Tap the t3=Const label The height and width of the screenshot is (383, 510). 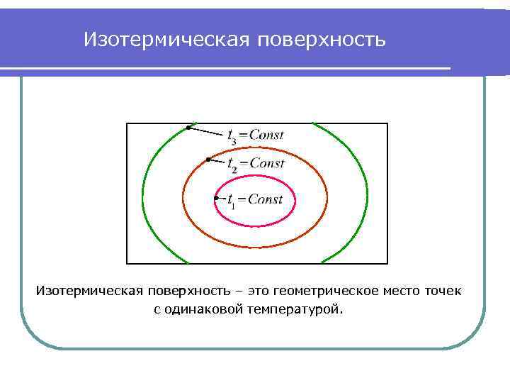tap(255, 135)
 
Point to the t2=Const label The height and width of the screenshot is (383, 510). tap(255, 163)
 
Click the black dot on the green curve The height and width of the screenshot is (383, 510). tap(188, 127)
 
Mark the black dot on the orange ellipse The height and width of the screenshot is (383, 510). tap(207, 160)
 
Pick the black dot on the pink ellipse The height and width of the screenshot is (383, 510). tap(216, 198)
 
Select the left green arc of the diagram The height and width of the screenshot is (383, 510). tap(143, 191)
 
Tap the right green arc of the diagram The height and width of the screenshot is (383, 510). tap(367, 191)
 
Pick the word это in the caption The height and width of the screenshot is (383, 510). tap(258, 292)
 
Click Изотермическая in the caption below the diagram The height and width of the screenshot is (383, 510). tap(89, 292)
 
